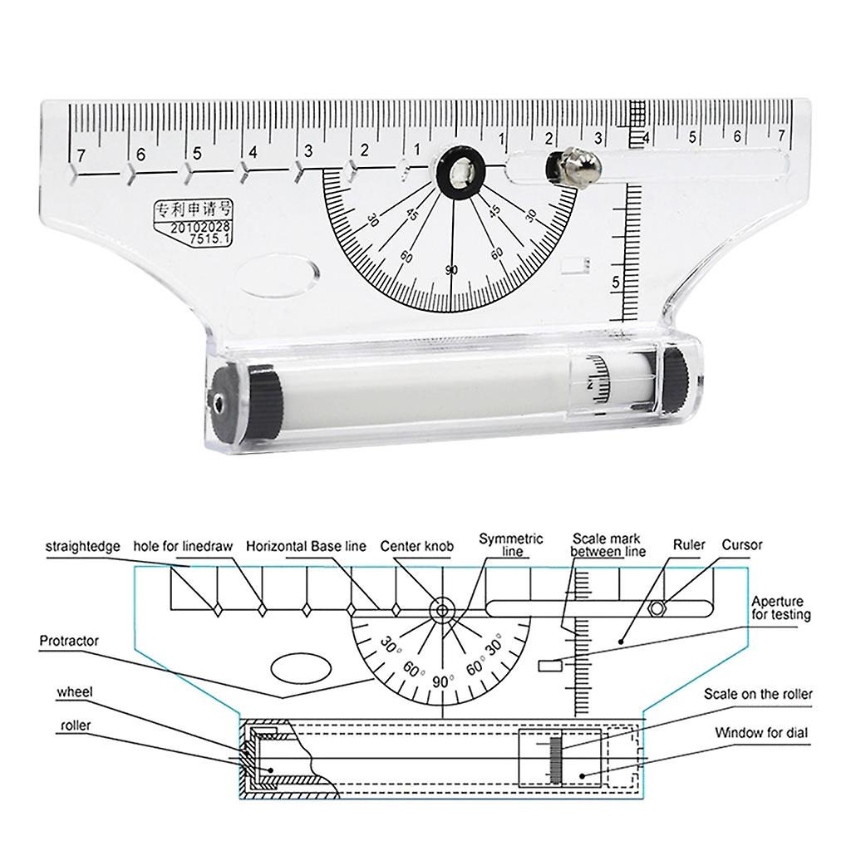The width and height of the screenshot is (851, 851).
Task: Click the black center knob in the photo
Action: point(455,171)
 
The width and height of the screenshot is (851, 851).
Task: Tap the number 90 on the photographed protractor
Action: point(451,270)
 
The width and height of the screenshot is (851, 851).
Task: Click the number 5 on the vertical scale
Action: point(616,283)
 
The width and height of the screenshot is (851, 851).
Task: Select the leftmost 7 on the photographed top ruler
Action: point(80,155)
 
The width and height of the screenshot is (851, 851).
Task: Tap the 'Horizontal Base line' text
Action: point(306,547)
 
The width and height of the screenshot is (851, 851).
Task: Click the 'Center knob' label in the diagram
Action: point(417,547)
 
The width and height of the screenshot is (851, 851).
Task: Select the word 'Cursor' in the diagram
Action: point(741,546)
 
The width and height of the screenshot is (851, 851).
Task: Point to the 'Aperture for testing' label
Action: point(780,608)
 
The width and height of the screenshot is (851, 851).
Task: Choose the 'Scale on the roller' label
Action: point(758,694)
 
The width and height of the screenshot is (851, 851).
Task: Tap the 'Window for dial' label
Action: point(760,733)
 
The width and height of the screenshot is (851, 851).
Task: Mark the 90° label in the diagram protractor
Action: point(441,681)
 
